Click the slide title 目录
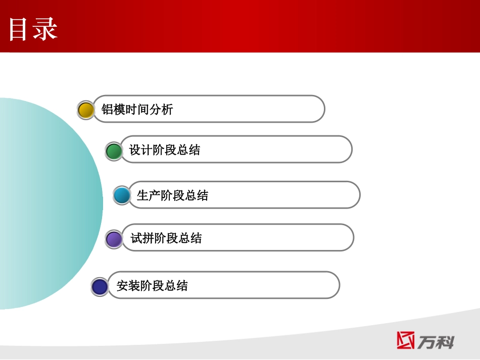pos(33,29)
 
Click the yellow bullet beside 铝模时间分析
pos(86,110)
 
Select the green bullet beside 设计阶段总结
pos(114,151)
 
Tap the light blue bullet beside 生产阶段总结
pos(121,195)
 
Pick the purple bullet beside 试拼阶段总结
pos(114,239)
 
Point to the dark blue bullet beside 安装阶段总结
pos(100,286)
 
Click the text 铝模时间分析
pos(137,109)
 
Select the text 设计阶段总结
pos(165,150)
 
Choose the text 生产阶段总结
pos(172,195)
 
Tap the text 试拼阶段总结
pos(166,238)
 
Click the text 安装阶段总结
pos(152,285)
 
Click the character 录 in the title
pos(45,29)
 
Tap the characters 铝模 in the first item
pos(113,109)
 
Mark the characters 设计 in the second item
pos(141,150)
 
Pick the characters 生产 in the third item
pos(149,195)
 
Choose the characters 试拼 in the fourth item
pos(142,238)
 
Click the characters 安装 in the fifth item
pos(128,285)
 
